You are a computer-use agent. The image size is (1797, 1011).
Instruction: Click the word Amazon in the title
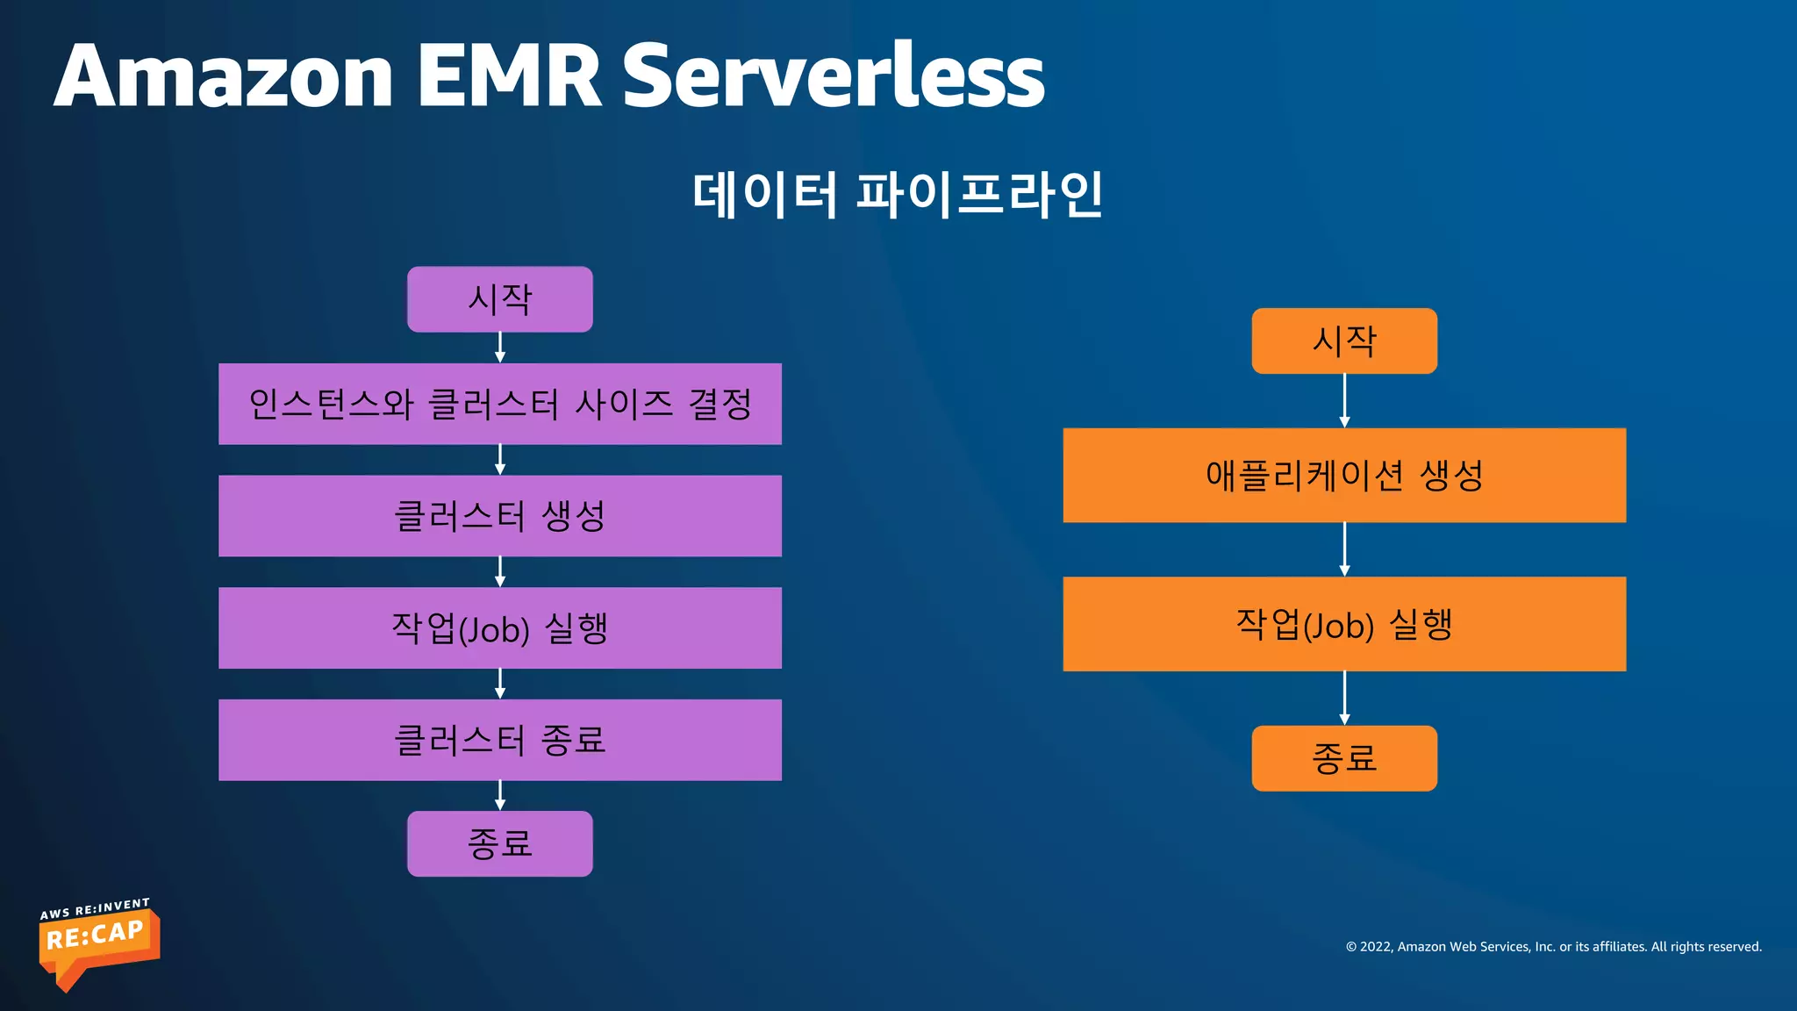(x=224, y=77)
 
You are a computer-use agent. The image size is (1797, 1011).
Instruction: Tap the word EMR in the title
(x=509, y=77)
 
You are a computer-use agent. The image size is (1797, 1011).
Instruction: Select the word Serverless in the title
(x=834, y=77)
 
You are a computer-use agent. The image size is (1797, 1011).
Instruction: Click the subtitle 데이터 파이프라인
(x=897, y=195)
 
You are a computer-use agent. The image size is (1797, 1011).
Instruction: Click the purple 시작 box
(x=499, y=299)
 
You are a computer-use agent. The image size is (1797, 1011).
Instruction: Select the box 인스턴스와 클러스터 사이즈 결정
(x=499, y=404)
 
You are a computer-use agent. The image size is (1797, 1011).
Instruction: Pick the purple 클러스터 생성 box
(x=499, y=516)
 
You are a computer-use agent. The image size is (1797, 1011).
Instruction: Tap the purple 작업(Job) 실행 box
(x=499, y=627)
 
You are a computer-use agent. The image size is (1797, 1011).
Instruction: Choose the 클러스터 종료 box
(x=499, y=740)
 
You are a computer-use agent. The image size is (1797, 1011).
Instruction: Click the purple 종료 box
(x=499, y=843)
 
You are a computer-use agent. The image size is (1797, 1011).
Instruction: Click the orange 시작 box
(x=1344, y=341)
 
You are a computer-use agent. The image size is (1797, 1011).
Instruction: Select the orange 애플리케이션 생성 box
(x=1344, y=475)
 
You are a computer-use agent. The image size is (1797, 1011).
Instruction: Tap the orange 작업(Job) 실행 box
(x=1344, y=624)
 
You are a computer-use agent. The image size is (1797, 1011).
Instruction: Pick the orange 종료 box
(x=1344, y=758)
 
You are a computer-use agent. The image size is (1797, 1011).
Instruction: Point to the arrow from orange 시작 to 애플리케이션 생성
(x=1344, y=401)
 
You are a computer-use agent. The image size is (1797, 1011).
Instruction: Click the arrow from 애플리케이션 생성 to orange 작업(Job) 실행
(x=1344, y=549)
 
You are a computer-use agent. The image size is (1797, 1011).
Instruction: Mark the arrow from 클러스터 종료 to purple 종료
(x=500, y=795)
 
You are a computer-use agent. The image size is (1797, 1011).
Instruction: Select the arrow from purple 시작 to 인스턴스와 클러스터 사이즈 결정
(x=500, y=348)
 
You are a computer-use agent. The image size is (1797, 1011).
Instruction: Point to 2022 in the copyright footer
(x=1375, y=947)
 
